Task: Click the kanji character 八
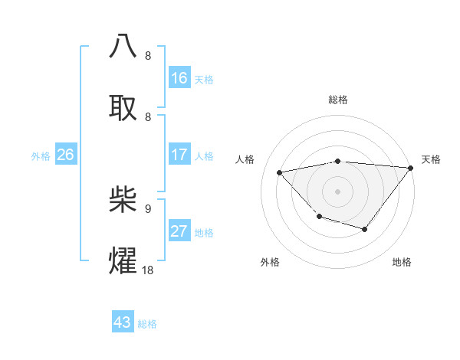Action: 123,47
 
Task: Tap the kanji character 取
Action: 123,108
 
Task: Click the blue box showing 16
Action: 179,78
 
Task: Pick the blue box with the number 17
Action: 179,155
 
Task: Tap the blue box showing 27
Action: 179,231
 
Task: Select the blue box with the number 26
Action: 65,155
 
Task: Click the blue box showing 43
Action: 123,322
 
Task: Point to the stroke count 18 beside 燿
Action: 147,270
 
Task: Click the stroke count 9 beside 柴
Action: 148,208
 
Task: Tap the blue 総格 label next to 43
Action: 147,324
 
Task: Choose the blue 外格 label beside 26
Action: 41,156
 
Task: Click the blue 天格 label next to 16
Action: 203,80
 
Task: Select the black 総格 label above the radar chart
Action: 337,100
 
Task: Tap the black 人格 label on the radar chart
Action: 245,159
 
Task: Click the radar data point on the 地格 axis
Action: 365,229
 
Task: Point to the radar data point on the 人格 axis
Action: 280,172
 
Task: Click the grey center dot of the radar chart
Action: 337,191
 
